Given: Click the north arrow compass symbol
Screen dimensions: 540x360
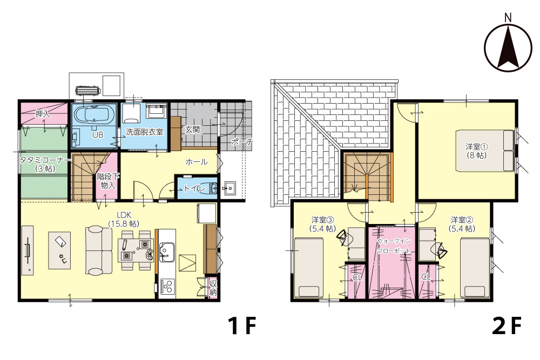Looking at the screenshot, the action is coord(508,48).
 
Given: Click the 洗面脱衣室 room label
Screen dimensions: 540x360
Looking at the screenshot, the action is coord(144,132).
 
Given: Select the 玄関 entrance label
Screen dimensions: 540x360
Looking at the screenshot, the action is coord(192,130).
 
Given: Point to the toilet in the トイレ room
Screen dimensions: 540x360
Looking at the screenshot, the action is coord(213,188).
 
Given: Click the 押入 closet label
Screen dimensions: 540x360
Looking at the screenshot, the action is coord(43,113).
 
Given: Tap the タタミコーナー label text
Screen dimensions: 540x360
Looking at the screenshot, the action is coord(45,160).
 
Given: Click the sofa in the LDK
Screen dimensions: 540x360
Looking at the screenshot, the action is coord(99,250).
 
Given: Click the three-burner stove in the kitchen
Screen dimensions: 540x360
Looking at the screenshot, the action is coord(167,286).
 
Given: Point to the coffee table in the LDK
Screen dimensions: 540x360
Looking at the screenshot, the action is coord(59,250).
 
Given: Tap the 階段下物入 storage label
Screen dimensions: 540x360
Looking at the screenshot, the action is coord(108,181).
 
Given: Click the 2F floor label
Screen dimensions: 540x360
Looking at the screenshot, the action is coord(507,325).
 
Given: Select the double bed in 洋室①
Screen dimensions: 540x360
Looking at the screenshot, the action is coord(485,151).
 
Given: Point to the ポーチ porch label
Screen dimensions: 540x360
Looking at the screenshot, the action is coord(242,141).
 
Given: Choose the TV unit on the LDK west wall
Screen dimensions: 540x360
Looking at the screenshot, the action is coord(28,250).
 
